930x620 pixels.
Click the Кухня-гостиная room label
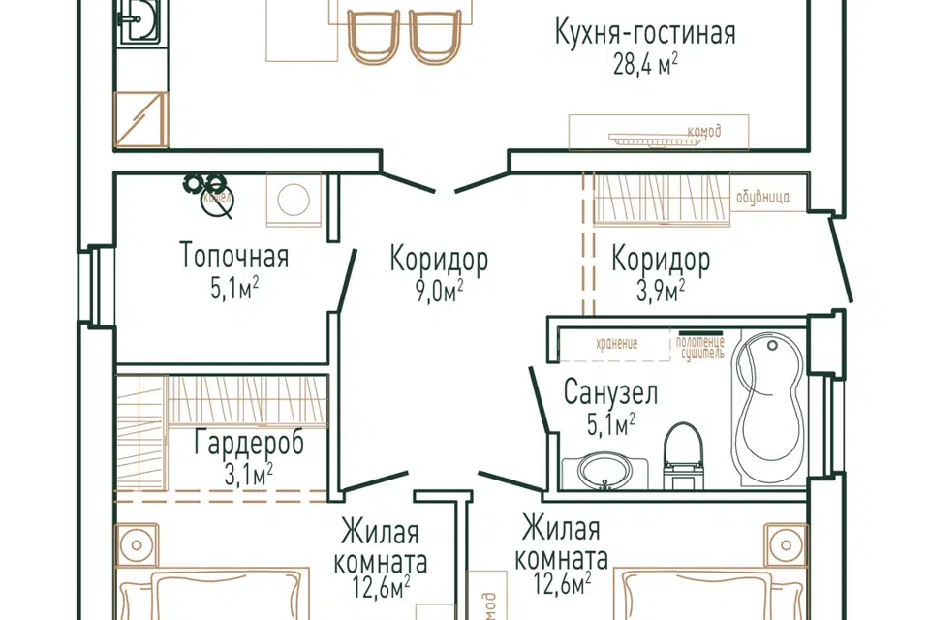coord(644,34)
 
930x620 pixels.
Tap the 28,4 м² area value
coord(644,64)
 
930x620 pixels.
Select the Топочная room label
coord(234,258)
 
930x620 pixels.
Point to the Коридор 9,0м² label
coord(439,260)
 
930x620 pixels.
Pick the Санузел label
coord(611,393)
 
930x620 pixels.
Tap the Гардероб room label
coord(249,444)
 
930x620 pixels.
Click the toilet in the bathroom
coord(684,455)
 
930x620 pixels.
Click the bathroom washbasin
coord(601,472)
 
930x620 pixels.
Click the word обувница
coord(762,198)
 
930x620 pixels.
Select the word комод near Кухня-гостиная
coord(703,131)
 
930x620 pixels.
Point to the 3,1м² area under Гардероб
coord(246,473)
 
